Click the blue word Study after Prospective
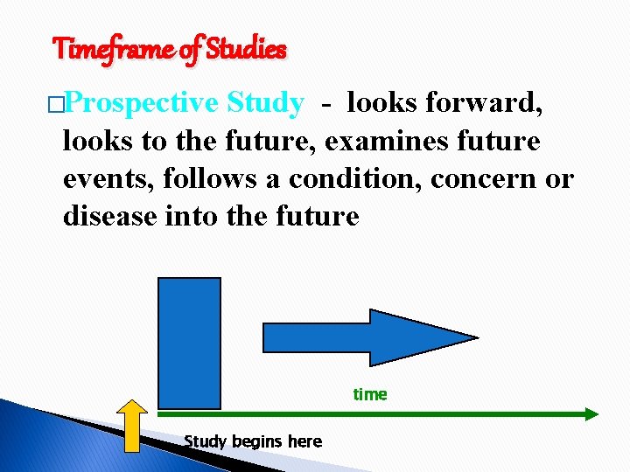coord(264,103)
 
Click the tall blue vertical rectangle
coord(189,343)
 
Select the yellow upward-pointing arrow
coord(133,426)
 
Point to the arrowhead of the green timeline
coord(591,413)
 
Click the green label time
coord(369,394)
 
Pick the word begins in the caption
coord(255,442)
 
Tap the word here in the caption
coord(304,441)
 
